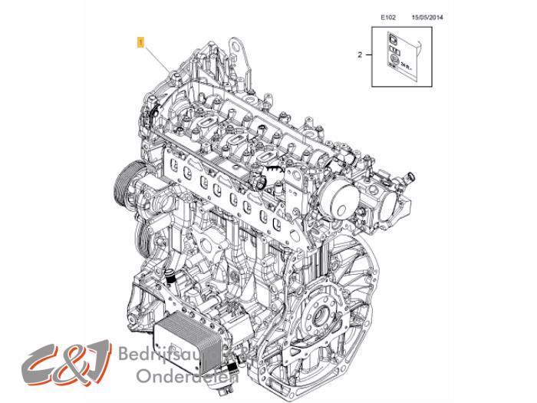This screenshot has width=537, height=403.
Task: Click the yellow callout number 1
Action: click(140, 44)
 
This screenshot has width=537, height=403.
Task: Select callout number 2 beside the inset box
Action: click(358, 55)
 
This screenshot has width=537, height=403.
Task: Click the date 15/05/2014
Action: click(428, 16)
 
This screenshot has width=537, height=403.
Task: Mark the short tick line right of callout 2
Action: click(368, 55)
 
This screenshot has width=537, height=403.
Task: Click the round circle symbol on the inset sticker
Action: click(392, 58)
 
